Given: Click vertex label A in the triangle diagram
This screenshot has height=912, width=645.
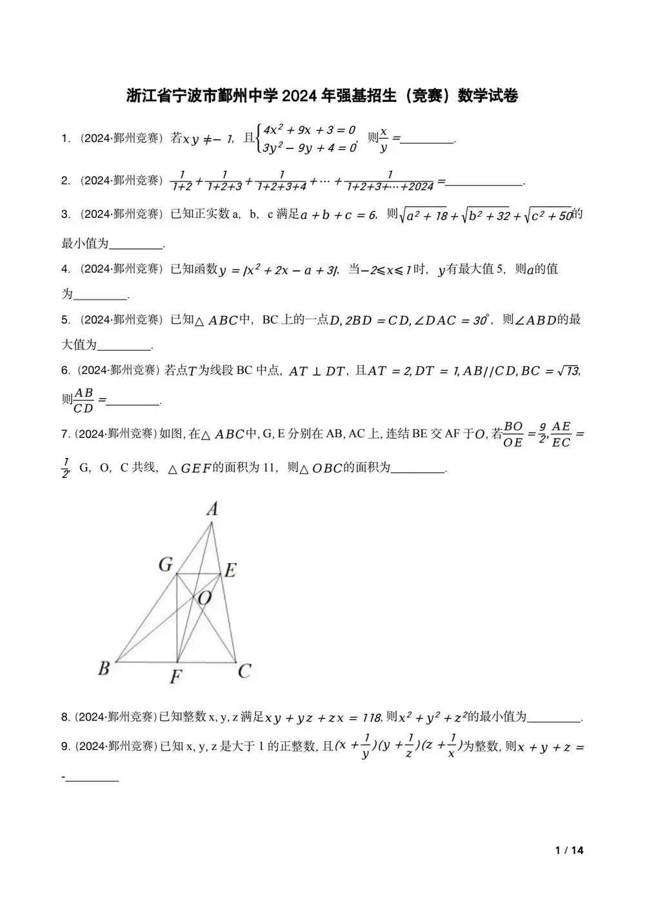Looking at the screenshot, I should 212,510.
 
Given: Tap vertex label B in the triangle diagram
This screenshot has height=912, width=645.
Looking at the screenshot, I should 104,668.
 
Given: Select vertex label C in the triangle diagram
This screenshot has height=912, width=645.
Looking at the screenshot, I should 244,671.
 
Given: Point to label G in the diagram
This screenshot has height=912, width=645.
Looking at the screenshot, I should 166,565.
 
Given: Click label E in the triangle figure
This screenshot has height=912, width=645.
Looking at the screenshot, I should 229,570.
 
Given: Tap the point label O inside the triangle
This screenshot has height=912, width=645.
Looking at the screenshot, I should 204,599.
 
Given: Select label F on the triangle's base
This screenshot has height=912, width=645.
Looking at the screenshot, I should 175,677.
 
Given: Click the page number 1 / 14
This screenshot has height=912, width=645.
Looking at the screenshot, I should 569,850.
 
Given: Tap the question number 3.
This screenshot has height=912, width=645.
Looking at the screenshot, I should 65,214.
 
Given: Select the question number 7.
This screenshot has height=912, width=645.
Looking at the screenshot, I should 65,434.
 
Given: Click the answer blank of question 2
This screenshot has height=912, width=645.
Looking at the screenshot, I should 484,182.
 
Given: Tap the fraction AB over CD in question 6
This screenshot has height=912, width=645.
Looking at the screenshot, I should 84,400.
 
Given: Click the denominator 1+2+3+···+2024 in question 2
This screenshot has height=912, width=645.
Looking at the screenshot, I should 390,187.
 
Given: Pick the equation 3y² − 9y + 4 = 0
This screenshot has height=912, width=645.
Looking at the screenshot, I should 310,148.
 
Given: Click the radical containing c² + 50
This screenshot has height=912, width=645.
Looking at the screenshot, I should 548,216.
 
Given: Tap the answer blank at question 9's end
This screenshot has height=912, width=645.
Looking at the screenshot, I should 93,778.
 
